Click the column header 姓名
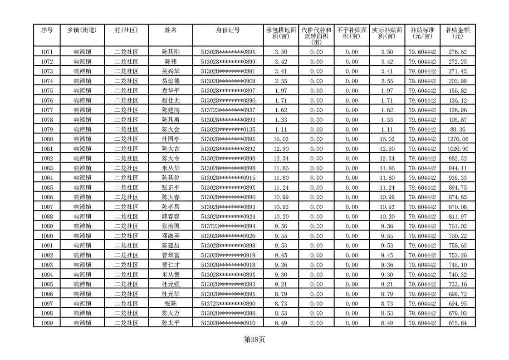[171, 30]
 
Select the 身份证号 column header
[228, 30]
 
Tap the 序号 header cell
[47, 30]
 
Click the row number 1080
[47, 139]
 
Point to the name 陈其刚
[171, 52]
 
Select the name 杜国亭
[171, 139]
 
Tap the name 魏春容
[171, 217]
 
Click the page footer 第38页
[254, 340]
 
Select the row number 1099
[47, 323]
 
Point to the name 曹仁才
[171, 265]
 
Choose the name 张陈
[171, 304]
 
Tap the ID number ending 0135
[228, 129]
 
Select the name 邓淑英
[171, 236]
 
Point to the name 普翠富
[171, 255]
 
